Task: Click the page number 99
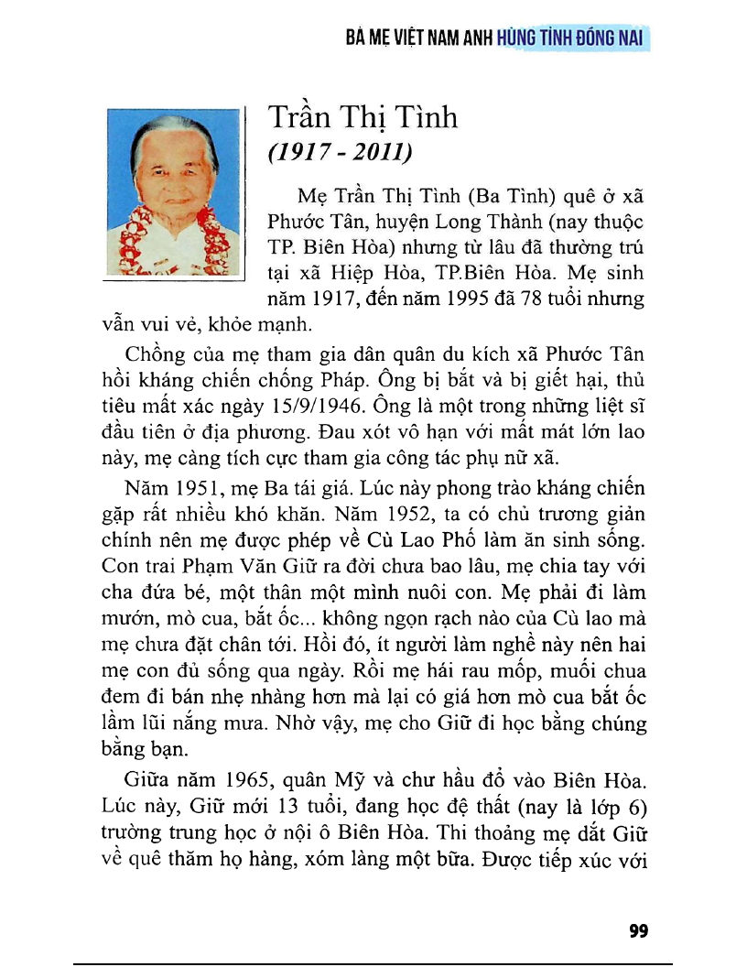pyautogui.click(x=639, y=931)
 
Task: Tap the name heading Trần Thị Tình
pyautogui.click(x=363, y=118)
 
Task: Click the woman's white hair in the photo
pyautogui.click(x=174, y=130)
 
